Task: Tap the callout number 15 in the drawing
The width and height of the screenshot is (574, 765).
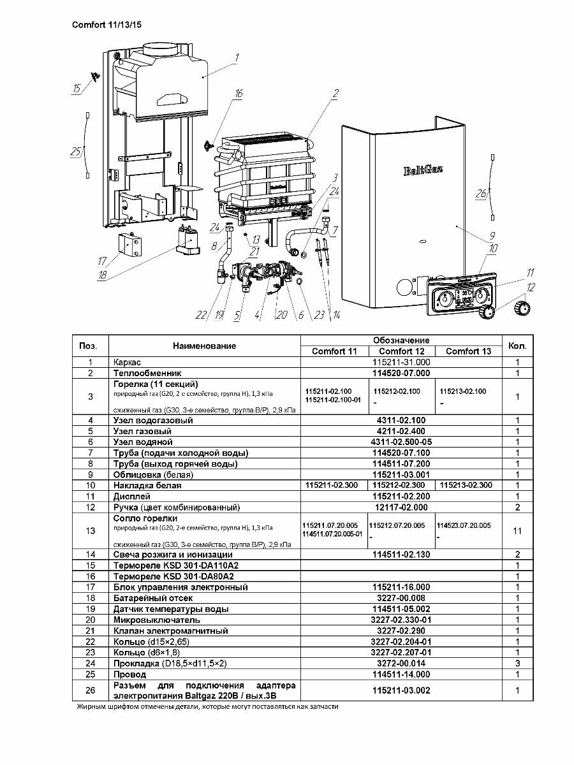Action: [x=77, y=89]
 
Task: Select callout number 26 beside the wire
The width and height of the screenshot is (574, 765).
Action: [x=482, y=193]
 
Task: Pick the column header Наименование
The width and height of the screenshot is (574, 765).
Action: [x=204, y=346]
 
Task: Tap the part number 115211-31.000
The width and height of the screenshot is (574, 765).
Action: [x=401, y=361]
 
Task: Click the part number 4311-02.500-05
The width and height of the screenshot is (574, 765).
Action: [x=401, y=442]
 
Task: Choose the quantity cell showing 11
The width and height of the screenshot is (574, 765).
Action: [x=517, y=530]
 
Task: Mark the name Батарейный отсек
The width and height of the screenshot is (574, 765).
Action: [x=153, y=598]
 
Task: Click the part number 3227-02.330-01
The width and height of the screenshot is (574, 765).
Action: [x=401, y=620]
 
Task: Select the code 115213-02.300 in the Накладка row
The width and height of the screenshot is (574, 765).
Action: [x=467, y=485]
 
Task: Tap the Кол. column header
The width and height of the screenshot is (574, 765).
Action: [x=517, y=346]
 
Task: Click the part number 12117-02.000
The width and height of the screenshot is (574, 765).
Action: [x=401, y=507]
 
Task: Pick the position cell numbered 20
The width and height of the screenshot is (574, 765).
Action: [x=91, y=620]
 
